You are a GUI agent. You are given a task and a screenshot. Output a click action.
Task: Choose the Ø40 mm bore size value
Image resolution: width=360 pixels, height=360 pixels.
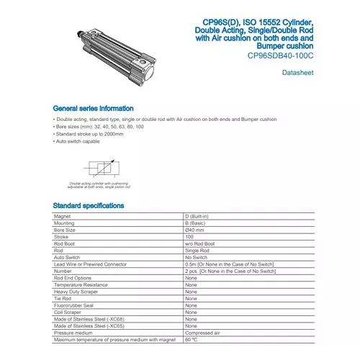[x=197, y=230]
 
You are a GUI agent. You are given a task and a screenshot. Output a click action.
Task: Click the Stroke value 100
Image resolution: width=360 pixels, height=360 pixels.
[x=189, y=236]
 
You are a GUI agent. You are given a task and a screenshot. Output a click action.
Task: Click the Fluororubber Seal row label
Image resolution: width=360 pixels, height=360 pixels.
[x=74, y=305]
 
